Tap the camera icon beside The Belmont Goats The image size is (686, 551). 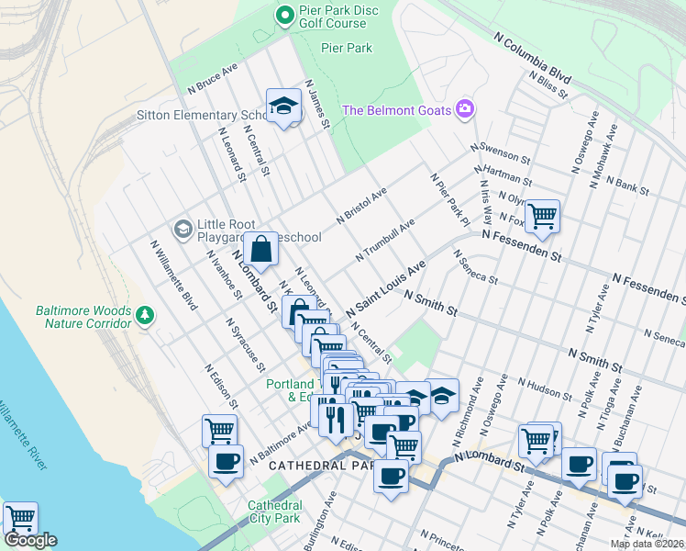coord(465,110)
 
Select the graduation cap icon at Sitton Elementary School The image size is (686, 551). coord(284,106)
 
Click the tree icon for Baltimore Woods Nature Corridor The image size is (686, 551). coord(144,316)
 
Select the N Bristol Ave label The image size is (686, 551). coord(361,206)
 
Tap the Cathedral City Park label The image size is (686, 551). coord(274,512)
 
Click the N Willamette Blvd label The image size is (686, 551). coord(174,274)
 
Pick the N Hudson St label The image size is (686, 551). coord(544,388)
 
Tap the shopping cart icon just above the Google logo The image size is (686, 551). coord(20,518)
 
